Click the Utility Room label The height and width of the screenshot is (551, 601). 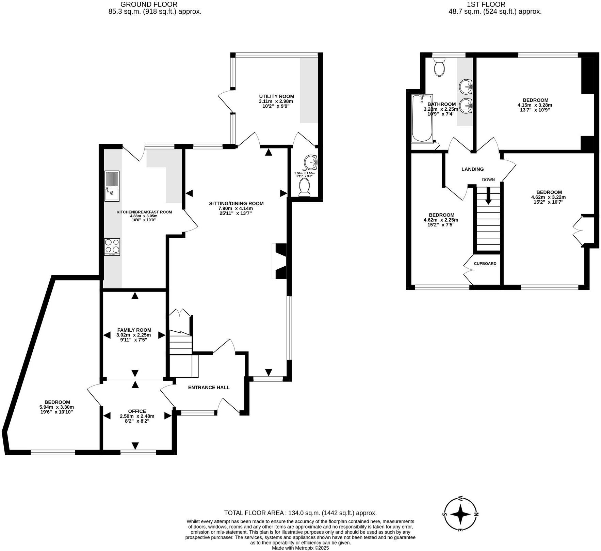click(276, 96)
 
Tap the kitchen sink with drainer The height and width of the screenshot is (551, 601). click(112, 186)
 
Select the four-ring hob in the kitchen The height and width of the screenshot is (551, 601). click(112, 247)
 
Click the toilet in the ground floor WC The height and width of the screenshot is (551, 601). click(304, 188)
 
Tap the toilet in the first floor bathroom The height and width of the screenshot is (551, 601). click(439, 67)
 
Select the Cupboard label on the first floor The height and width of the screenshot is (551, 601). click(485, 264)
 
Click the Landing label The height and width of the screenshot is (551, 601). click(472, 169)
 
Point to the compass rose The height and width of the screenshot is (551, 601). click(460, 514)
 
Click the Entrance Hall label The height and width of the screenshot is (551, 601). click(209, 388)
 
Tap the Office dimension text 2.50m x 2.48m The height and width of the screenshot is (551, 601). click(137, 416)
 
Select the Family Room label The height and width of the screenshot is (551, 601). click(134, 330)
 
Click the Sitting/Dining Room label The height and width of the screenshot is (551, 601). click(236, 204)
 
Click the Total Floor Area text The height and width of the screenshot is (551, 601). click(300, 513)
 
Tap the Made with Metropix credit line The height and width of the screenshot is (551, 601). click(300, 548)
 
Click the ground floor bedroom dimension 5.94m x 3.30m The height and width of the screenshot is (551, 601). click(56, 407)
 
